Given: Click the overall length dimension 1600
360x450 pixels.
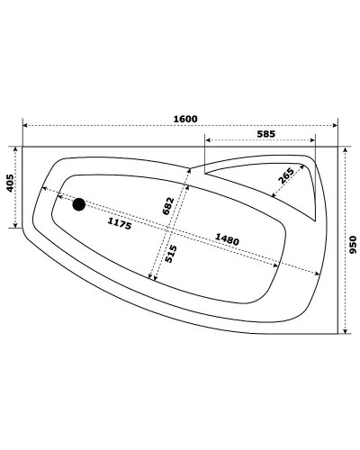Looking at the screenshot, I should pyautogui.click(x=185, y=118).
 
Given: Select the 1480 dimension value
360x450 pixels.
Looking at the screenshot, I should pyautogui.click(x=228, y=239).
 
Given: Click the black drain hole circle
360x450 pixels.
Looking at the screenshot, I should pyautogui.click(x=79, y=205).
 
